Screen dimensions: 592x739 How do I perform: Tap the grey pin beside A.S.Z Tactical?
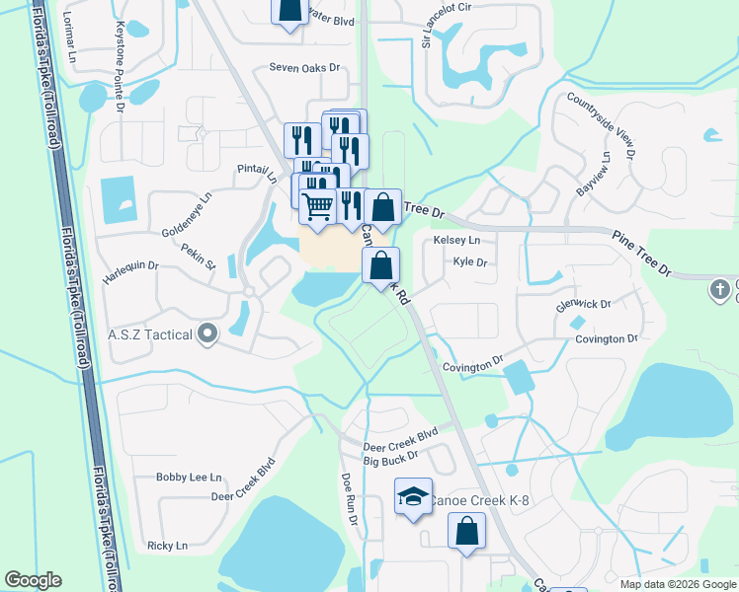pos(206,334)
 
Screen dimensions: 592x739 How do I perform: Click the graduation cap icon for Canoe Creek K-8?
pos(413,496)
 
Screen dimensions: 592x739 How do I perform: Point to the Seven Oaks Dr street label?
pos(304,68)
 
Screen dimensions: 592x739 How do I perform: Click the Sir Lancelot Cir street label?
pos(427,25)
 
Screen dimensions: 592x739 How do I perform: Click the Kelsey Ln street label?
pos(456,241)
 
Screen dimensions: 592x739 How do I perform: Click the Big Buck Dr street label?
pos(391,460)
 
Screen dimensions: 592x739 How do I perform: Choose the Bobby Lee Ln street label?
pos(189,478)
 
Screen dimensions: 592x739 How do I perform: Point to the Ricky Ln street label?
pos(167,546)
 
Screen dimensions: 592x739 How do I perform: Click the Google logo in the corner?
pos(33,581)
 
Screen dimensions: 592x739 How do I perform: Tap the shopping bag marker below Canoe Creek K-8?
pos(466,533)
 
